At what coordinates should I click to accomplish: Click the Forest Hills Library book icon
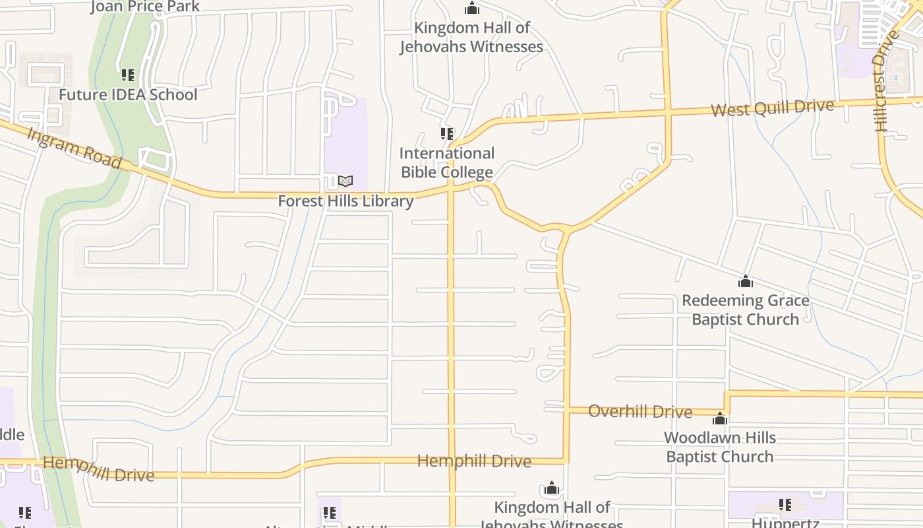click(x=345, y=181)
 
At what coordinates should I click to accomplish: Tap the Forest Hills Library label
click(x=345, y=201)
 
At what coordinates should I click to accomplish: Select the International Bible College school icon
click(x=447, y=134)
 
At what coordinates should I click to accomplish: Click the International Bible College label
click(x=447, y=163)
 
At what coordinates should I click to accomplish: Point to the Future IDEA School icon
click(x=127, y=75)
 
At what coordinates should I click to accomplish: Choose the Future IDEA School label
click(x=128, y=94)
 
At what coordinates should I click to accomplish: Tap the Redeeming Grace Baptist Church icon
click(x=746, y=282)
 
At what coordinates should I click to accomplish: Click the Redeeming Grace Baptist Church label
click(x=746, y=310)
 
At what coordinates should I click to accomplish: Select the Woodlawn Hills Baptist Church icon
click(x=720, y=418)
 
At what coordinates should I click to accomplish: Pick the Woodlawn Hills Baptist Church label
click(x=720, y=447)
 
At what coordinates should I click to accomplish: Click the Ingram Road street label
click(x=74, y=148)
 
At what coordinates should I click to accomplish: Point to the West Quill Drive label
click(x=772, y=108)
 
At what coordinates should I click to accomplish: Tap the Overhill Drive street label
click(x=640, y=411)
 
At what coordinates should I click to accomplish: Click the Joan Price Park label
click(x=145, y=7)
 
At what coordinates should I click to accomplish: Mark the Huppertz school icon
click(x=785, y=505)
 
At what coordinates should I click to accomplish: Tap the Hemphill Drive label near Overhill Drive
click(x=474, y=461)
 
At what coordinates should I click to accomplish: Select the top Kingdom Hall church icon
click(x=472, y=9)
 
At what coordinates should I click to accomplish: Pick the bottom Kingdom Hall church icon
click(x=552, y=489)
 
